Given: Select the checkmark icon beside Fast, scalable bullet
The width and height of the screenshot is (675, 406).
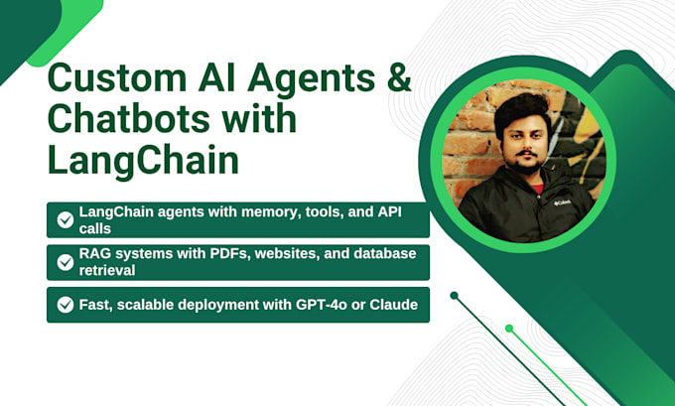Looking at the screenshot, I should [66, 305].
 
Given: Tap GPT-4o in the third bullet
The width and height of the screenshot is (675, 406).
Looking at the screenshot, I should [325, 305].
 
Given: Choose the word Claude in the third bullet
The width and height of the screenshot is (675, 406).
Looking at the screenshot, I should [396, 305].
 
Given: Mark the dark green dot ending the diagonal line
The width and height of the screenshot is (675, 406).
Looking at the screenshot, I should [454, 295].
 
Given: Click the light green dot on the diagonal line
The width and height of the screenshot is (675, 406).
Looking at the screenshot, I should [509, 328].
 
